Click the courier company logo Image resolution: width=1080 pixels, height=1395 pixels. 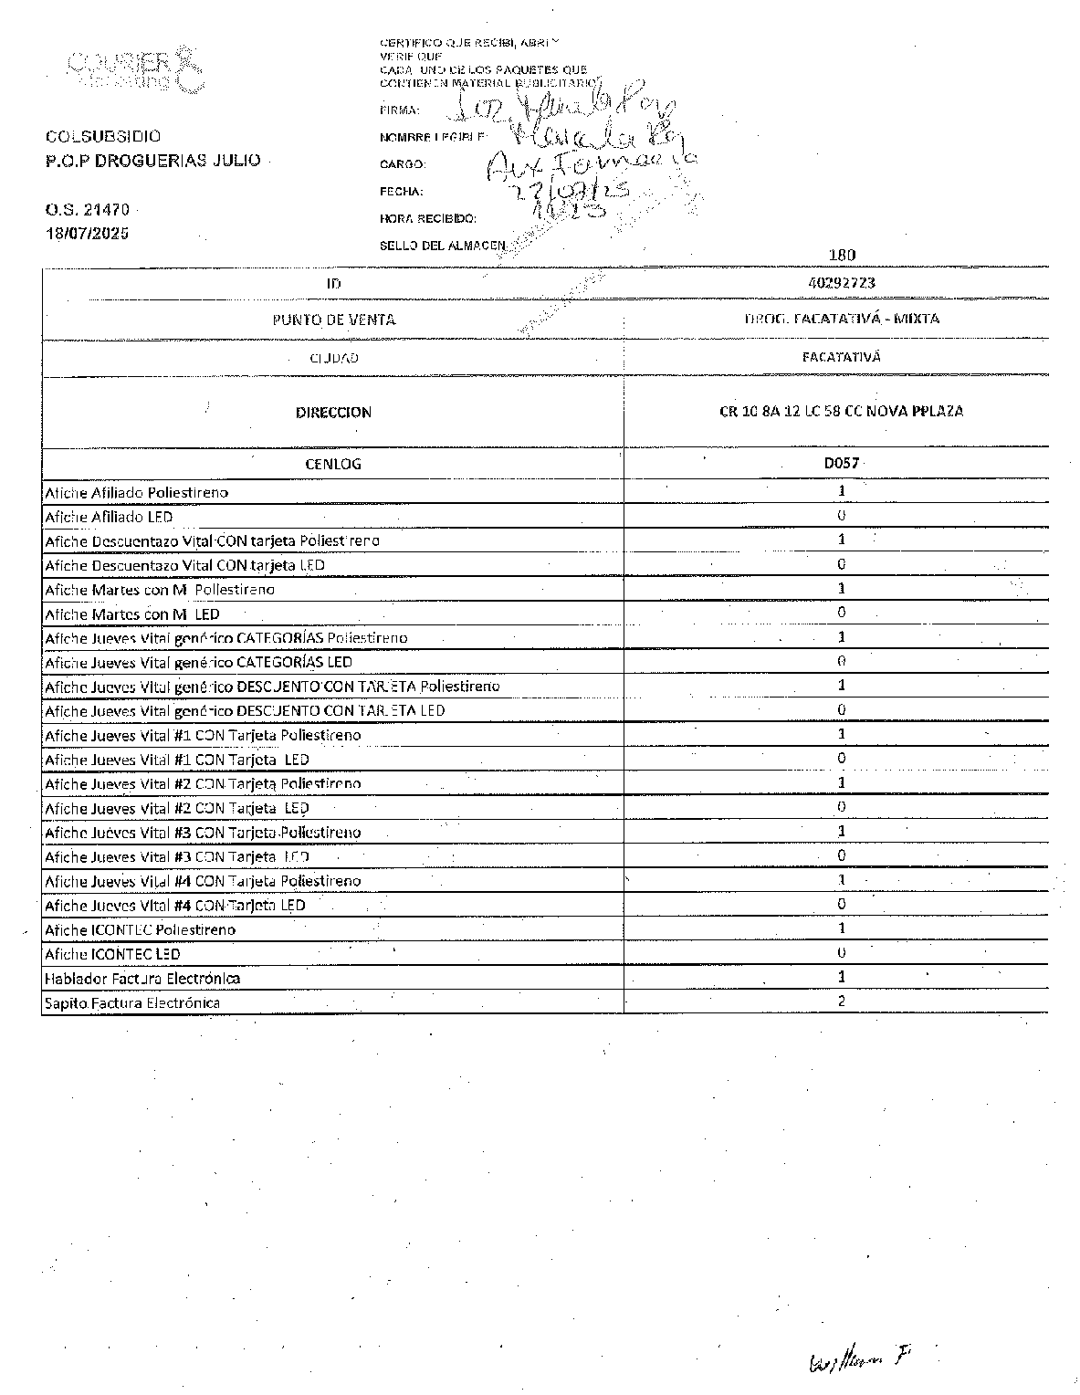point(133,69)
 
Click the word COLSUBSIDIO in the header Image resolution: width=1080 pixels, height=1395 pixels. point(103,137)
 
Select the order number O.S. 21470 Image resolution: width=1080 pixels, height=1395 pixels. point(88,209)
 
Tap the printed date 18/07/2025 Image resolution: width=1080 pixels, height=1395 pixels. point(88,233)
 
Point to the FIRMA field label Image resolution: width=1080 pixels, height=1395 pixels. point(399,110)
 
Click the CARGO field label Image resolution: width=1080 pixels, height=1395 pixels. point(402,164)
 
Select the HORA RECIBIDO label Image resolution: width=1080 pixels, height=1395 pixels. point(427,219)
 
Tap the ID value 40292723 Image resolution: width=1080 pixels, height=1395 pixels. point(841,283)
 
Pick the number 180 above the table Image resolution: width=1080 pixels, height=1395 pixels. point(841,256)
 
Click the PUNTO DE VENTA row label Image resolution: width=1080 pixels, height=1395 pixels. point(333,320)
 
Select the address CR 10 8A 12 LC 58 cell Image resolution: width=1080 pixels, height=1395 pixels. point(841,411)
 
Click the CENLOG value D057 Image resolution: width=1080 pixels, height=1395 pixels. point(841,463)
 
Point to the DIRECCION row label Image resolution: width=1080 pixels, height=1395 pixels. point(333,413)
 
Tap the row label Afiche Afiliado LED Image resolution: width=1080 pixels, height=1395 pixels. point(109,517)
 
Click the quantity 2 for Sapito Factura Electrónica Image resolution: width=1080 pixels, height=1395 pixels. point(841,1001)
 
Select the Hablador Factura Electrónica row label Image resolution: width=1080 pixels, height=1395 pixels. point(142,979)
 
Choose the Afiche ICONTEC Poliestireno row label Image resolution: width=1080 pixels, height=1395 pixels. point(140,929)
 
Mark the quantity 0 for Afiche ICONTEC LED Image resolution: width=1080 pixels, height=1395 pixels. point(841,952)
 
